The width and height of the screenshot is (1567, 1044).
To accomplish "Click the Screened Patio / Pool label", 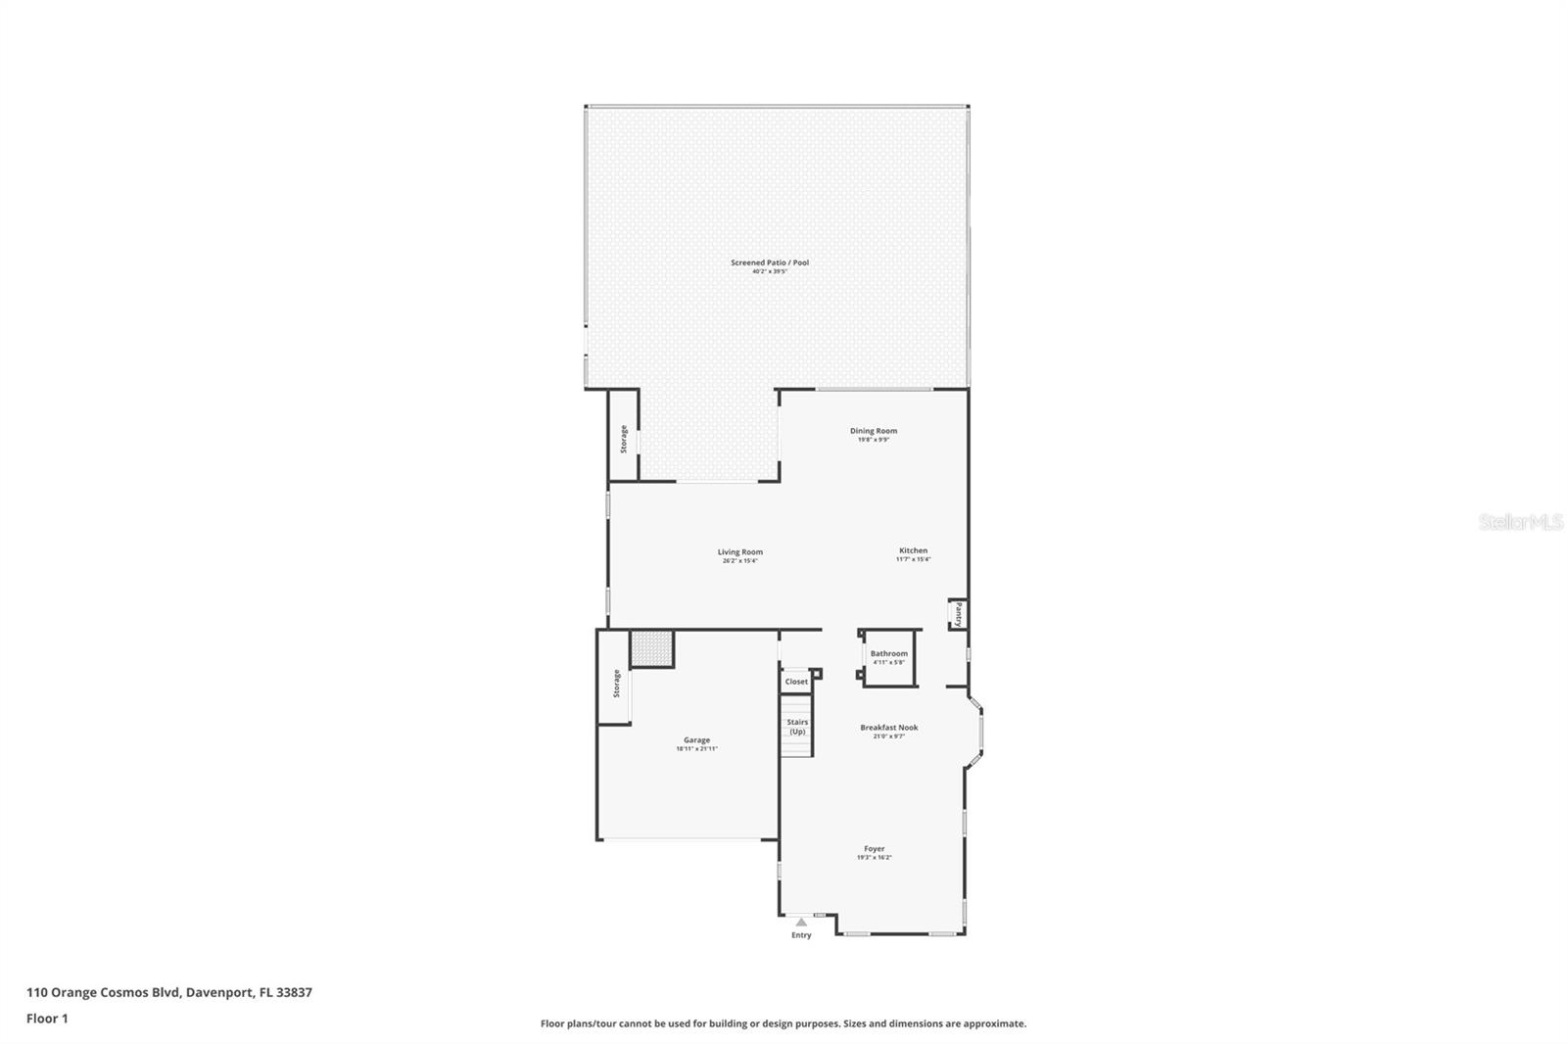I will (769, 262).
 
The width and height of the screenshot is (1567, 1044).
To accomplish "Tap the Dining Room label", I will (873, 431).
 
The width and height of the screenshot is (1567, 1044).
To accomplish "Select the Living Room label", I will (739, 552).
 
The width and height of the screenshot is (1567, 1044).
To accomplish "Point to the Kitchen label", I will (913, 550).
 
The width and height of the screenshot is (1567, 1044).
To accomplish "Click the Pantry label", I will (958, 615).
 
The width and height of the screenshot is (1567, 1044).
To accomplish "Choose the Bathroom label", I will (888, 653).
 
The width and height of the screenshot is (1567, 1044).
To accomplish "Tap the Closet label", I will (796, 682).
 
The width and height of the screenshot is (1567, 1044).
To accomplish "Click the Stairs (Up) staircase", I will (797, 727).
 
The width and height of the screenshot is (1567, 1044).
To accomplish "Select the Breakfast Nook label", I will (888, 728).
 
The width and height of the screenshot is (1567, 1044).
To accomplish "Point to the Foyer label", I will (874, 849).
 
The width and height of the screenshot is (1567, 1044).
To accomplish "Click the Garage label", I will (696, 740).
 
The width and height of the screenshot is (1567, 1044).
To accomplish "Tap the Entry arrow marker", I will (801, 922).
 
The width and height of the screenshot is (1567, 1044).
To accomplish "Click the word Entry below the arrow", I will (801, 935).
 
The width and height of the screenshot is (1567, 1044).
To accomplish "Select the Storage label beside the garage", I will (616, 684).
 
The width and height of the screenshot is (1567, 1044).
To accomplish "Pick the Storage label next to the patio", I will (623, 439).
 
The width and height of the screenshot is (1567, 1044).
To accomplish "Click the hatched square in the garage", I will (651, 648).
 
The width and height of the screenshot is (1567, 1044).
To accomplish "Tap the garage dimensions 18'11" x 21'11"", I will (696, 749).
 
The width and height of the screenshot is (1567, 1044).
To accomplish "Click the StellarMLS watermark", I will (1520, 522).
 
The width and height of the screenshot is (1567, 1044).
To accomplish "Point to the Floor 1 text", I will (47, 1019).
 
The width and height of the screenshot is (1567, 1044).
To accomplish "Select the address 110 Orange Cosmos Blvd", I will (168, 992).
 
